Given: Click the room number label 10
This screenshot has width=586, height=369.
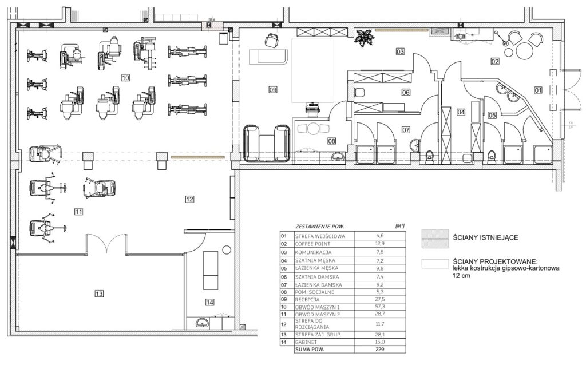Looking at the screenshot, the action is pos(125,78).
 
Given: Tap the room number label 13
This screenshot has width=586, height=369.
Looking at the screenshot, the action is pos(98,294).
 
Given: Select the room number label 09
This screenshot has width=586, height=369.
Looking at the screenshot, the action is pos(273,90).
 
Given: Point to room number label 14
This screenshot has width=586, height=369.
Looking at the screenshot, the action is pos(210,303).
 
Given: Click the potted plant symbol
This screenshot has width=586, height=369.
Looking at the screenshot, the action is pos(362,38).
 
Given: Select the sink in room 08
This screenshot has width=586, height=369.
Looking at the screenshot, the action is pos(339,156).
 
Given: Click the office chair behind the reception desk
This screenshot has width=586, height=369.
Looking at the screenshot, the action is pos(272,39).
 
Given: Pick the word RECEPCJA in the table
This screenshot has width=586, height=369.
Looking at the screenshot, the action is pos(307,300).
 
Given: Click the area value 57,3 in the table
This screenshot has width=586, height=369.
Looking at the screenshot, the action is pos(380,307).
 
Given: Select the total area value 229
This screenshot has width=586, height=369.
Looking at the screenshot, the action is pos(380,350).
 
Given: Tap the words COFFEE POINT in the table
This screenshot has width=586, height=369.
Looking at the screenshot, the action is pos(313,244).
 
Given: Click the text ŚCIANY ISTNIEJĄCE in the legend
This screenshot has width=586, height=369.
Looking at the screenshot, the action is pos(485,237).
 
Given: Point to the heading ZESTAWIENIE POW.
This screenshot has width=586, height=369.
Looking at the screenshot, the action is pos(319,227).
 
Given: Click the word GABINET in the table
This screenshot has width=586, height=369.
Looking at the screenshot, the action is pos(306,342).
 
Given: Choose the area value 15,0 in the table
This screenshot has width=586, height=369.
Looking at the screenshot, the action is pos(380,342).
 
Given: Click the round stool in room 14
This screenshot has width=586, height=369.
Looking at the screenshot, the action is pos(226,250).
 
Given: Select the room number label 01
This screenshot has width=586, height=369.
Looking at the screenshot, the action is pos(538,90).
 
